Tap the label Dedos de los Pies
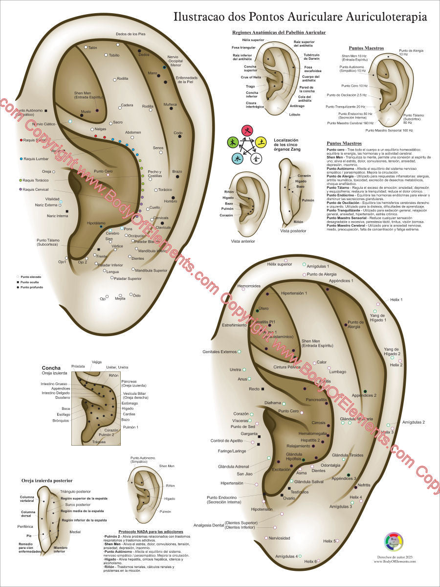click(131, 34)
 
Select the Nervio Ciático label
click(44, 124)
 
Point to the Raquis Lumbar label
click(36, 159)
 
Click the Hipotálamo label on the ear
click(96, 223)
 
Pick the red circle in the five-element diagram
click(247, 130)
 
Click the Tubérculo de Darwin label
click(311, 57)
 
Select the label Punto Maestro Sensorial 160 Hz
click(389, 131)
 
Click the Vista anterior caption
click(243, 241)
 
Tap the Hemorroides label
click(249, 286)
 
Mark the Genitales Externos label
click(220, 352)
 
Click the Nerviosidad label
click(280, 538)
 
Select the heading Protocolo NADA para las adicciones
click(151, 531)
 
